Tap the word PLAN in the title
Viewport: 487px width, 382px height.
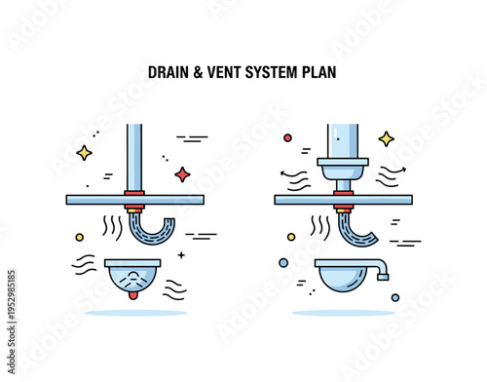pyautogui.click(x=319, y=71)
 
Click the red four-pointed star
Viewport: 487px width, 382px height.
pyautogui.click(x=181, y=174)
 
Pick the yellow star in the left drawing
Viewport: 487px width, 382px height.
pyautogui.click(x=85, y=152)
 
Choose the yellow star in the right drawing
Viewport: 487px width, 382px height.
pyautogui.click(x=386, y=138)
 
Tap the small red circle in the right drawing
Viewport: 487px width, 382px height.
pyautogui.click(x=287, y=138)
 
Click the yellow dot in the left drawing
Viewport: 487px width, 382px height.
pyautogui.click(x=80, y=237)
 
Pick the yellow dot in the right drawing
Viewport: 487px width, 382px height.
pyautogui.click(x=290, y=237)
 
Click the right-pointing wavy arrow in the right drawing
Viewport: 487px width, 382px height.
pyautogui.click(x=391, y=172)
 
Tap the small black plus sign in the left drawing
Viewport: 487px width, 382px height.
pyautogui.click(x=181, y=255)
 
